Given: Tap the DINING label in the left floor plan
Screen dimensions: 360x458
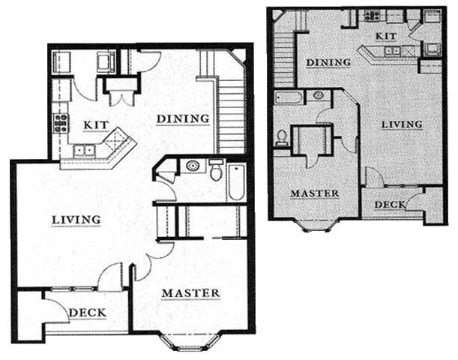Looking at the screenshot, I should pyautogui.click(x=182, y=118).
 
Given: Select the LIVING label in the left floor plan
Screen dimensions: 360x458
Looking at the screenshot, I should pyautogui.click(x=76, y=219).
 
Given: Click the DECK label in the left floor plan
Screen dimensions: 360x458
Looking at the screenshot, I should pyautogui.click(x=87, y=313).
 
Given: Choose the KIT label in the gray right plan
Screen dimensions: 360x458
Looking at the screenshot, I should pyautogui.click(x=385, y=35).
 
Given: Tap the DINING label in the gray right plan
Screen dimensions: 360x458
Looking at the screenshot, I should pyautogui.click(x=328, y=62).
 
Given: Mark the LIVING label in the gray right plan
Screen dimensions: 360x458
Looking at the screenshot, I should pyautogui.click(x=402, y=124).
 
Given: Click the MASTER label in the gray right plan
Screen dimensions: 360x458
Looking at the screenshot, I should pyautogui.click(x=315, y=193).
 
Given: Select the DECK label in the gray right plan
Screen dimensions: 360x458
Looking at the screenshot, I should pyautogui.click(x=390, y=204).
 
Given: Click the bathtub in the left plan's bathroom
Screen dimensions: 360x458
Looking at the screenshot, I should pyautogui.click(x=235, y=181).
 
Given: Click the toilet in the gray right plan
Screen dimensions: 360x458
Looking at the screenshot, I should pyautogui.click(x=283, y=138).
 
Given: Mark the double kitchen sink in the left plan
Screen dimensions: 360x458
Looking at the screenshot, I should pyautogui.click(x=84, y=151).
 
